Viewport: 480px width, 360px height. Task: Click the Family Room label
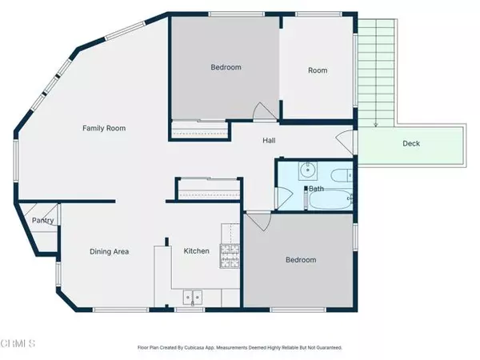point(105,128)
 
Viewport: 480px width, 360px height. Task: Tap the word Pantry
point(41,221)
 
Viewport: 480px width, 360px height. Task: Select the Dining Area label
point(109,251)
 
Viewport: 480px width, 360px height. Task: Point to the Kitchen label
point(197,251)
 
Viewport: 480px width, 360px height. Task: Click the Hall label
point(270,141)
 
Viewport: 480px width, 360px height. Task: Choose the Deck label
point(411,145)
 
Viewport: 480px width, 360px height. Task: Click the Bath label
point(317,189)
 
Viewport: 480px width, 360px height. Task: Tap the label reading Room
point(318,70)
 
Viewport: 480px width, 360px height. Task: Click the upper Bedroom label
point(226,67)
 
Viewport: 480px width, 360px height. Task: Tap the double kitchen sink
point(193,297)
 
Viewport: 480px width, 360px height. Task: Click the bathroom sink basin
point(306,171)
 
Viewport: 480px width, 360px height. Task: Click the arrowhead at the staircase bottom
point(376,125)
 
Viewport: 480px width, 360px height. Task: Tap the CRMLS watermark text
point(18,345)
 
